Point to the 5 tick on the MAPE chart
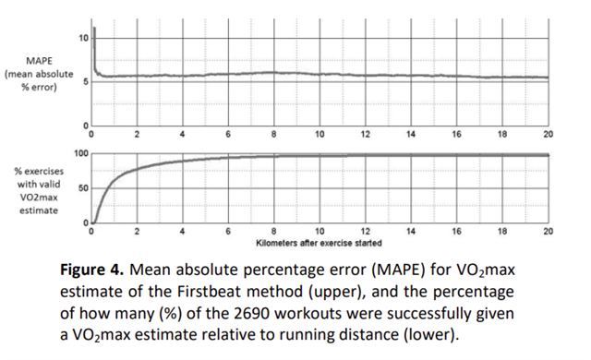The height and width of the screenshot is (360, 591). [x=86, y=82]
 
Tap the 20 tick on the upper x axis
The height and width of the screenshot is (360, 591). [x=548, y=135]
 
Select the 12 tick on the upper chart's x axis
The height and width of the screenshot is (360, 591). [x=365, y=135]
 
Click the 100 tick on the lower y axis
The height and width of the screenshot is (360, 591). [x=81, y=153]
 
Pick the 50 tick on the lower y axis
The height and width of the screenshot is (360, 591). [x=83, y=188]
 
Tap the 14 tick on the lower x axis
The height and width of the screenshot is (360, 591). [x=410, y=231]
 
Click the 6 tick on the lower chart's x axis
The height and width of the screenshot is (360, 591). [x=228, y=231]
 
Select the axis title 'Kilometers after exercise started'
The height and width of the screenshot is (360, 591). [x=319, y=241]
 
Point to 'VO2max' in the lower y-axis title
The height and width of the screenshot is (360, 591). [x=34, y=197]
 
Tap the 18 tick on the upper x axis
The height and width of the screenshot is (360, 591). [x=501, y=135]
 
